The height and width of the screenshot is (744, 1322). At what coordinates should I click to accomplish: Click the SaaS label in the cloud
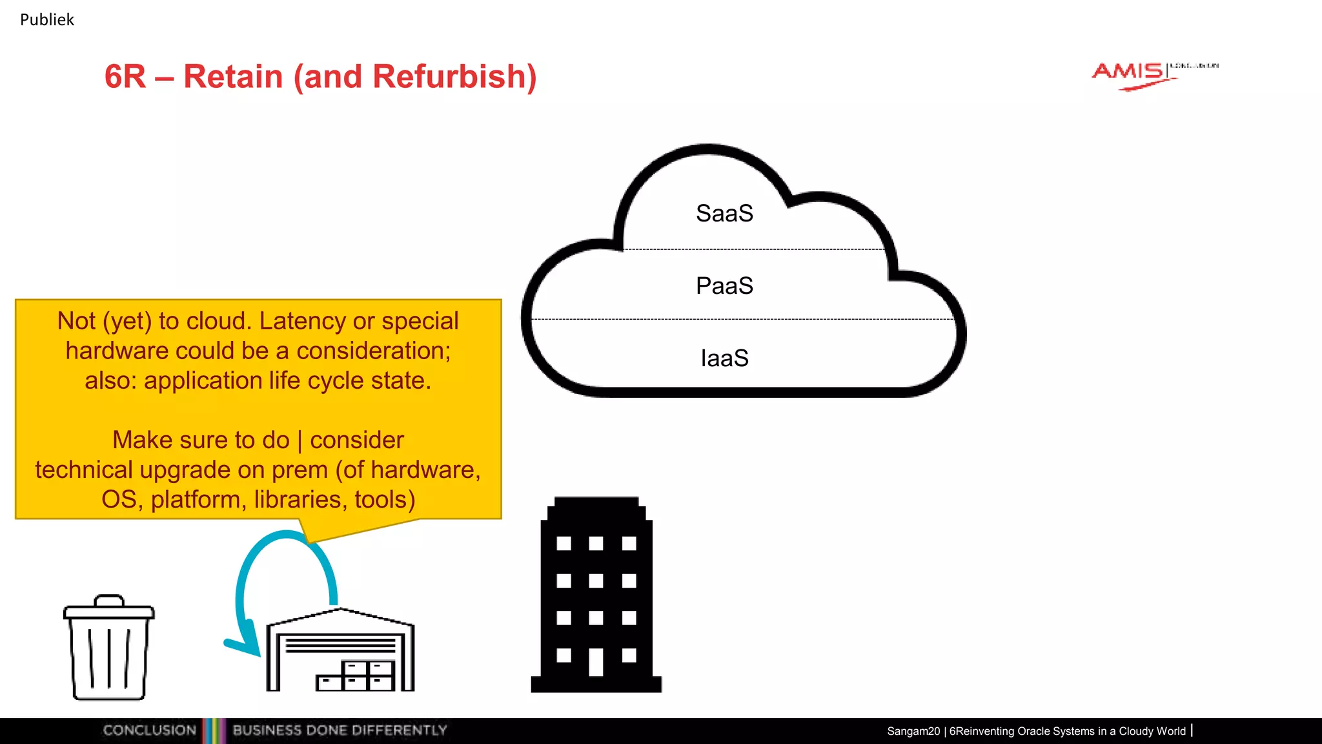724,214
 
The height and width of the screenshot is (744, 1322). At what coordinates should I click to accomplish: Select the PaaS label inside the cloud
724,286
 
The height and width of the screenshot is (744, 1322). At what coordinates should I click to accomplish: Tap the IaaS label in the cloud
724,358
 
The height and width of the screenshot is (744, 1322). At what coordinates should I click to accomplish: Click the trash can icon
108,649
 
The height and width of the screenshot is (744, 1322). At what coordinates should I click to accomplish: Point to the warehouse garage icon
340,652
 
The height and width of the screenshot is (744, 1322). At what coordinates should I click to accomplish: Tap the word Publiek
47,20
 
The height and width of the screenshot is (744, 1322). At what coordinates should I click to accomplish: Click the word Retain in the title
233,77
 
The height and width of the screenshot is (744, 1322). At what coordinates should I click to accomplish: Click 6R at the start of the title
125,77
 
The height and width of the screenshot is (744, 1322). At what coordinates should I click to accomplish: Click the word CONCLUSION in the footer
149,730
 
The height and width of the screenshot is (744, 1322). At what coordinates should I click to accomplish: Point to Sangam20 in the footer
913,731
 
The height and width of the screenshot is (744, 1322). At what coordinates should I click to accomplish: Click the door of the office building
596,662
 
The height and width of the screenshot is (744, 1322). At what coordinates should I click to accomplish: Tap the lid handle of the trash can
108,601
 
